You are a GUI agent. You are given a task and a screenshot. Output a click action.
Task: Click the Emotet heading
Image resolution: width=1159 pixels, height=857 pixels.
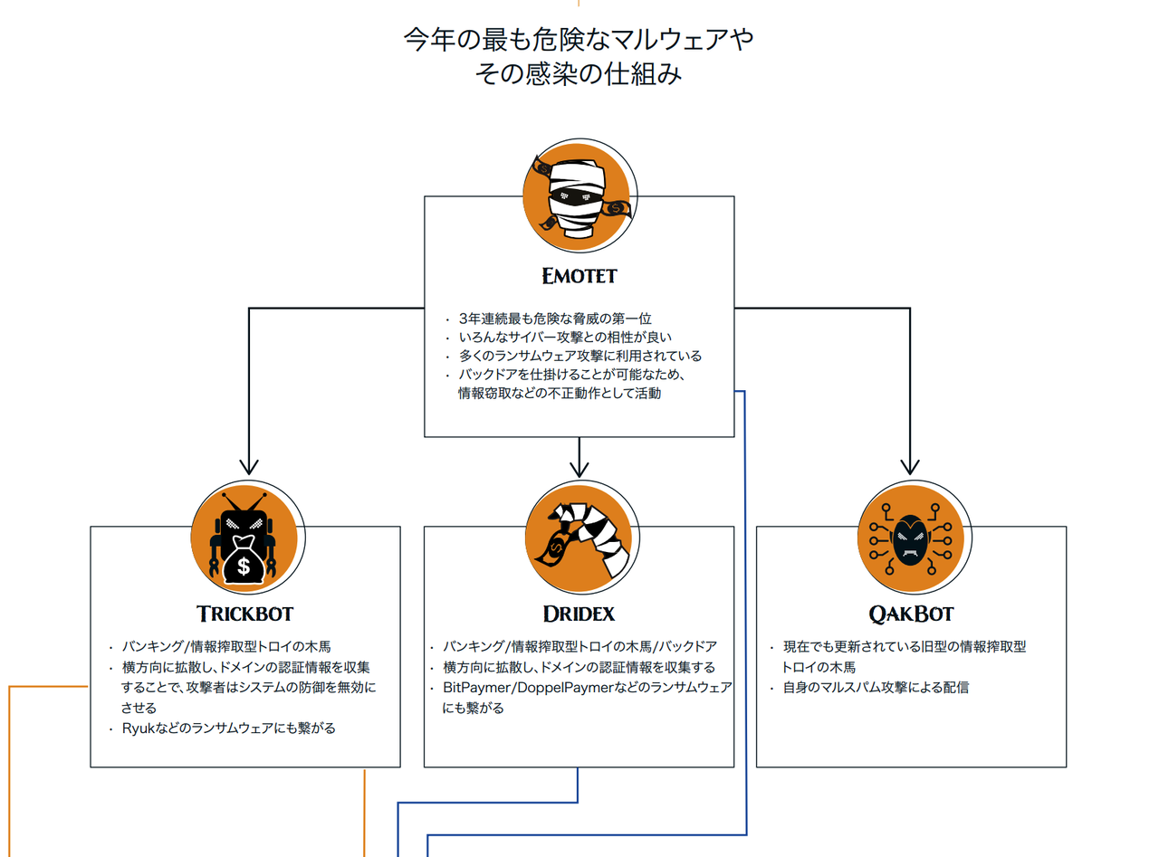point(579,274)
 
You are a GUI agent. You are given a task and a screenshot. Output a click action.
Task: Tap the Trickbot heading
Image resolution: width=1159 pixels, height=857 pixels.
point(244,614)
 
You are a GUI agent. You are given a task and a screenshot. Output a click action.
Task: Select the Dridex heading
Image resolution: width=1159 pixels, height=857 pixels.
point(579,614)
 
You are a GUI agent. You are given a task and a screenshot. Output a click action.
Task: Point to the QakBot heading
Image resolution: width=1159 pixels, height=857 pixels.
point(911,614)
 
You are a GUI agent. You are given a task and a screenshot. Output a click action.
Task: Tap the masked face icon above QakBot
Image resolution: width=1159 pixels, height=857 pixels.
point(910,539)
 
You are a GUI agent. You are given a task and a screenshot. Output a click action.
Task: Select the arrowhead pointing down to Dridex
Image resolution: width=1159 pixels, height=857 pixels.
point(579,468)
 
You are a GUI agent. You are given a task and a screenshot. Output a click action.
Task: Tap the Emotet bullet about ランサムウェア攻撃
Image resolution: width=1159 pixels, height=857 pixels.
point(579,356)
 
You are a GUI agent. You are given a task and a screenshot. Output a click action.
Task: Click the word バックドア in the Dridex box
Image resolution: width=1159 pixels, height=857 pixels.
point(687,646)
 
